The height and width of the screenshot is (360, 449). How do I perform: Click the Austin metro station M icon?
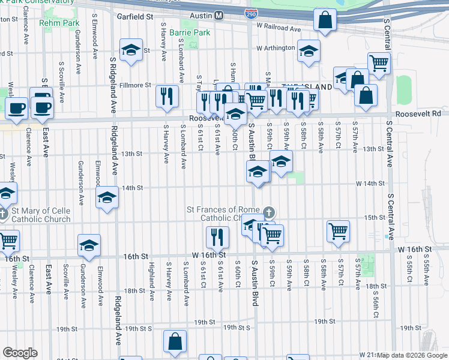218,15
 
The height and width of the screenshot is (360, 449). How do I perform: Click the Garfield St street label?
135,17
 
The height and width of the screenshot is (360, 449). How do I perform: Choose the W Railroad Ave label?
278,28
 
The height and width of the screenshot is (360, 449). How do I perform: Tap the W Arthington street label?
276,48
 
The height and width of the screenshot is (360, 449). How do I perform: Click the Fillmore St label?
135,86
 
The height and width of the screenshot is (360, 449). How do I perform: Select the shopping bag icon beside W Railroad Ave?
324,20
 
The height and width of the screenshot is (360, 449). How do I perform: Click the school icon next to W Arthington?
309,51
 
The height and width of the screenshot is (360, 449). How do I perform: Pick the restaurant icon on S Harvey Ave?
167,96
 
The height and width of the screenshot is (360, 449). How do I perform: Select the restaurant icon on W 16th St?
217,237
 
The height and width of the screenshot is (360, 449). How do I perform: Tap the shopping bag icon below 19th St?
175,341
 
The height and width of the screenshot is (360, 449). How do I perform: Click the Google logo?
20,353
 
